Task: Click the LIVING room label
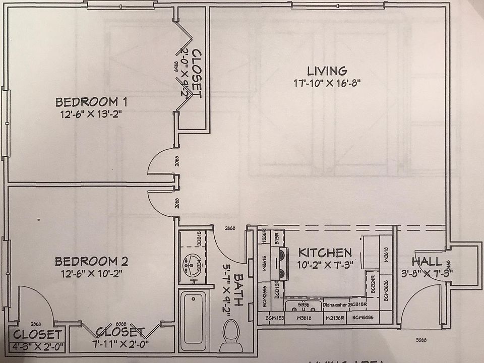tap(327, 71)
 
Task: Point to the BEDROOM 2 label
tap(91, 262)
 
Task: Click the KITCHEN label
tap(325, 252)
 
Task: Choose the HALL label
tap(427, 262)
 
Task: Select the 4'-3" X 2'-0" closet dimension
tap(37, 346)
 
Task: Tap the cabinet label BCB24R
tap(374, 285)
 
